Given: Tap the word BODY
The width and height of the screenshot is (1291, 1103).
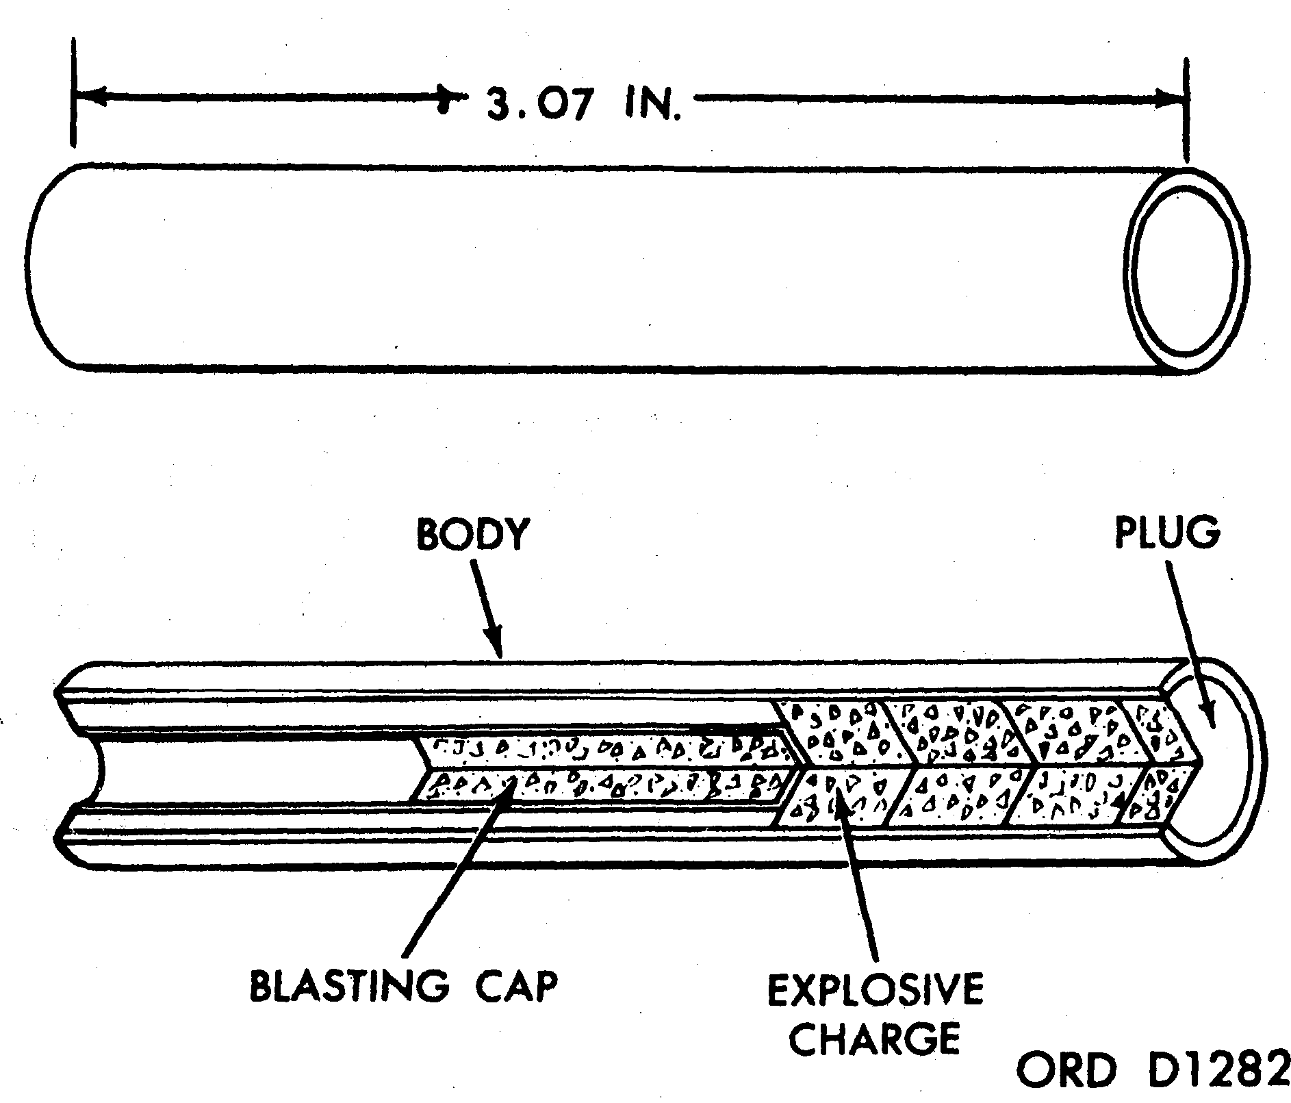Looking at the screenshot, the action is click(x=473, y=535).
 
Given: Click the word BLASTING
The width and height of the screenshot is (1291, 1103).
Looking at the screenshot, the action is click(x=349, y=987).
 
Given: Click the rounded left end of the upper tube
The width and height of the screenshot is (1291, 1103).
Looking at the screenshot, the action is click(x=42, y=267).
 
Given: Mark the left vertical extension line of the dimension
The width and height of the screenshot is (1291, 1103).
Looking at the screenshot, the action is click(x=73, y=92).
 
